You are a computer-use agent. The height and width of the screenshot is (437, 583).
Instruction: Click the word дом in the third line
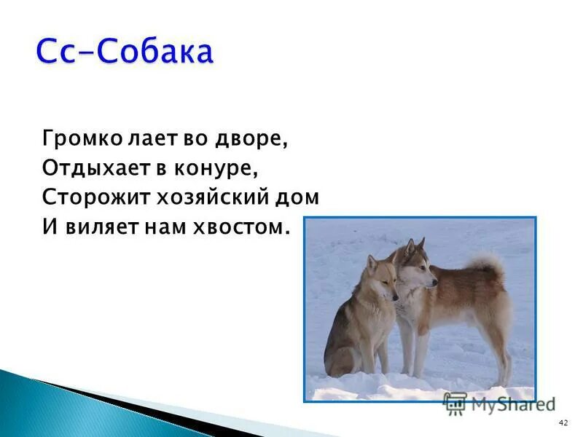click(300, 197)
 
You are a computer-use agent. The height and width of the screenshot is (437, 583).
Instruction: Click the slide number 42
click(562, 423)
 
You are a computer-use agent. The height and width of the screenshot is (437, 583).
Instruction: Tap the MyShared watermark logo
click(500, 403)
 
